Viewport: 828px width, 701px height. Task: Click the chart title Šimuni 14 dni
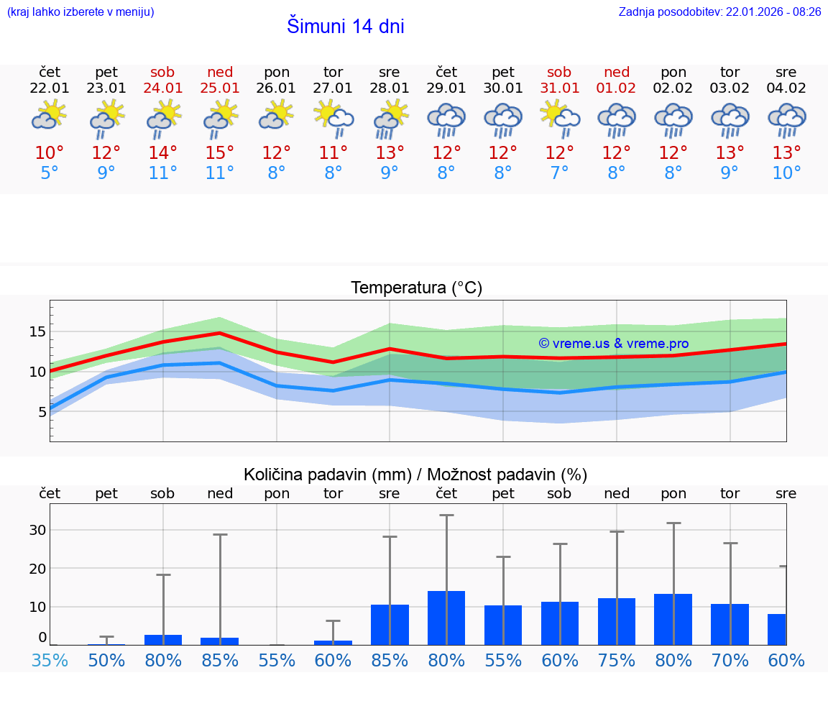coord(345,27)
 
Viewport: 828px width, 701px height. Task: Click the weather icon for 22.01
coord(50,116)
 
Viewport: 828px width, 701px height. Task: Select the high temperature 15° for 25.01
coord(220,153)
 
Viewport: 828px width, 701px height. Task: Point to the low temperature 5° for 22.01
coord(50,173)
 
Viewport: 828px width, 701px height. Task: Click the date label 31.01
coord(559,88)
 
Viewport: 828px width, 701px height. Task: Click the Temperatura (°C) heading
coord(416,288)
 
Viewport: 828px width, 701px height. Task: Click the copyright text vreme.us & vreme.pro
coord(614,344)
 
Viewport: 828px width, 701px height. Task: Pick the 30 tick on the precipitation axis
coord(37,530)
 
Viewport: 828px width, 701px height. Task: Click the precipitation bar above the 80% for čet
coord(446,618)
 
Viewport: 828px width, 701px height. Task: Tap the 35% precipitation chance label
coord(50,660)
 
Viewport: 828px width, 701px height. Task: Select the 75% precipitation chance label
coord(617,660)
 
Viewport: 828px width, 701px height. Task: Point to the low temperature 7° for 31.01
coord(559,173)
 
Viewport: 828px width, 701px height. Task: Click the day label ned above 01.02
coord(617,72)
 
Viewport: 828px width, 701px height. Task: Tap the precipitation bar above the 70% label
coord(730,624)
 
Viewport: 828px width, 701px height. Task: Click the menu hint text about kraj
coord(80,12)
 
